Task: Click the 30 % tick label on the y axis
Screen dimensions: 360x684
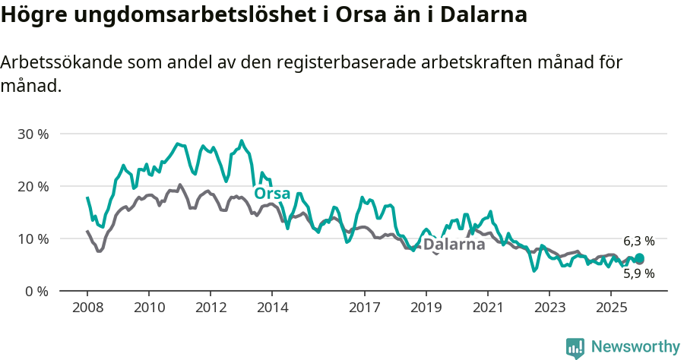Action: (x=33, y=134)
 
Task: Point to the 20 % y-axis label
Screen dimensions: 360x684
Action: (x=33, y=186)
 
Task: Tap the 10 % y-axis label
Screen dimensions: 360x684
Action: (x=33, y=238)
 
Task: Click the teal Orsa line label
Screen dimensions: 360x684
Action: (x=271, y=194)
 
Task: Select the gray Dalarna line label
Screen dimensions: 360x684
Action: (x=454, y=245)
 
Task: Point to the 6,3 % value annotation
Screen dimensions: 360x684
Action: (x=639, y=241)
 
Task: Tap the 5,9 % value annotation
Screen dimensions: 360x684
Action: (x=639, y=274)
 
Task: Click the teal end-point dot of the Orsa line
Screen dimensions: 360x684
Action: (x=640, y=258)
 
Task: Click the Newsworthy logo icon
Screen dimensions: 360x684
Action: (x=575, y=348)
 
